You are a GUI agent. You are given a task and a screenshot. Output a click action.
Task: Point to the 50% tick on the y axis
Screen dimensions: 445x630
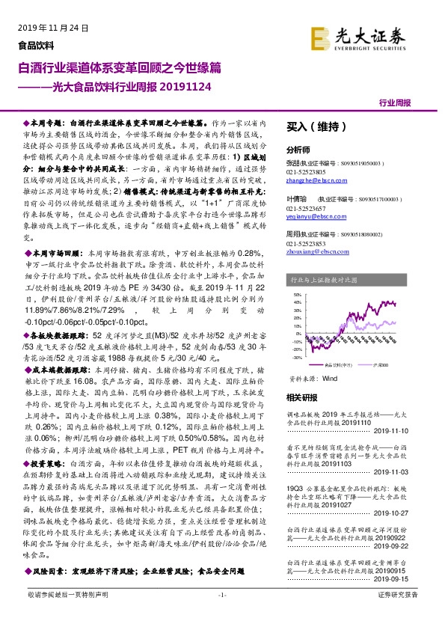[x=298, y=295]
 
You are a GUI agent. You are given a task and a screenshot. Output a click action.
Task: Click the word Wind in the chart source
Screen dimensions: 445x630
[x=330, y=379]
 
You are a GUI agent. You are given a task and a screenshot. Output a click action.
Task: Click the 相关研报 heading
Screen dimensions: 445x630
[x=302, y=397]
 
